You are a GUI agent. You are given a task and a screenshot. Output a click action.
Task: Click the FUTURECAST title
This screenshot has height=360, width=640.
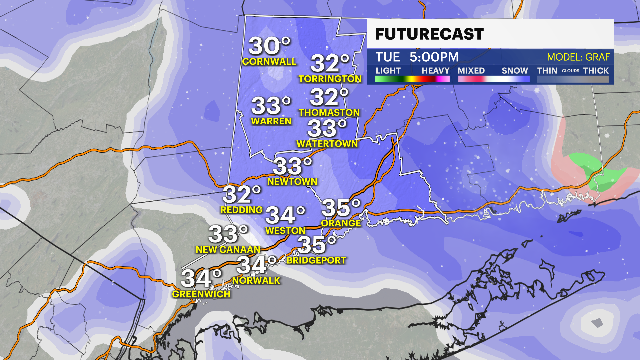[x=429, y=34]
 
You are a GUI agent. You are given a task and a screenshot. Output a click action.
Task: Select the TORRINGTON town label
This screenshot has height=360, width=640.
[x=330, y=79]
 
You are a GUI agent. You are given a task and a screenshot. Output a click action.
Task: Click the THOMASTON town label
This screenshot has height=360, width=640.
[x=329, y=113]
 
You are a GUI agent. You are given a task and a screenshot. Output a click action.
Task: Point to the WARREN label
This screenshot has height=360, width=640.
[x=271, y=121]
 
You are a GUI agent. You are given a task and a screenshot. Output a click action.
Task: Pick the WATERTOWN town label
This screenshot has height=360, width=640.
[x=327, y=144]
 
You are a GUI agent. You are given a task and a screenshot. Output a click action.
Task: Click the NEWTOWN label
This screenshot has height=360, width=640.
[x=292, y=182]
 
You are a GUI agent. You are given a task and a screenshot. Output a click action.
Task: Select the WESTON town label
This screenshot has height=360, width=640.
[x=285, y=231]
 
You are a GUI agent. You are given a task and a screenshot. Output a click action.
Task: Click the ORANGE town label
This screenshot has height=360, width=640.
[x=341, y=223]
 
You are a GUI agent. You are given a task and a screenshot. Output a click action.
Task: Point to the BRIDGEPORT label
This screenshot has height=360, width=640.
[x=316, y=260]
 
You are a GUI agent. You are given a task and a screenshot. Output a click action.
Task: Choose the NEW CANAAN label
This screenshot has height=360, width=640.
[x=228, y=250]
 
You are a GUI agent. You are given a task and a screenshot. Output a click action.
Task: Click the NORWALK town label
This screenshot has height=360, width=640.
[x=256, y=281]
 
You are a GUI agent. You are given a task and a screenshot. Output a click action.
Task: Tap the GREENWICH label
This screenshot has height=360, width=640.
[x=201, y=294]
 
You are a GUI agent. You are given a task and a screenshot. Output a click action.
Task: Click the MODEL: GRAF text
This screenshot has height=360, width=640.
[x=578, y=57]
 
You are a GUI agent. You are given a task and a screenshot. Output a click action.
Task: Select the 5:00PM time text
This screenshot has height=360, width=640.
[x=434, y=57]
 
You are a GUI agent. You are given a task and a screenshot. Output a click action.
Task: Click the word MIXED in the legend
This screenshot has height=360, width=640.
[x=471, y=71]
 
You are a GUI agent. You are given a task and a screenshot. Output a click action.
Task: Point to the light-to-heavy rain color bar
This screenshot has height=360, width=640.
[x=412, y=79]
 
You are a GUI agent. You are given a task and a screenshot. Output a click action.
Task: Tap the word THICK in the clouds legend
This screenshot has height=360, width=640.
[x=596, y=71]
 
